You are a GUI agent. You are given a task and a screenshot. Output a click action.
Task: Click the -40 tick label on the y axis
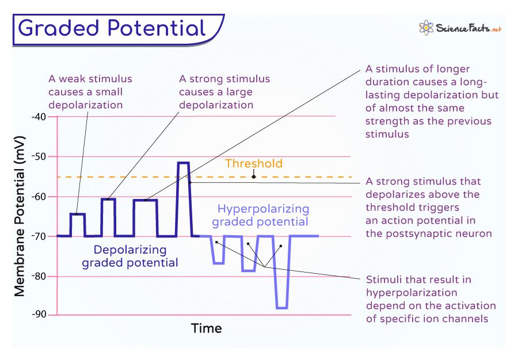pyautogui.click(x=39, y=117)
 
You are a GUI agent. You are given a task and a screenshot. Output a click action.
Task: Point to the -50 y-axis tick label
pyautogui.click(x=39, y=157)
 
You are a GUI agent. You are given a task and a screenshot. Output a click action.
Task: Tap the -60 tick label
pyautogui.click(x=39, y=197)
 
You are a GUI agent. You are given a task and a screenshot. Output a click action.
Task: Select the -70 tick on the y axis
pyautogui.click(x=39, y=236)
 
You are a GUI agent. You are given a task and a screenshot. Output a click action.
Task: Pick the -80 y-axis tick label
pyautogui.click(x=39, y=276)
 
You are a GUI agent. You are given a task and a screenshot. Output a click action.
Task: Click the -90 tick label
pyautogui.click(x=39, y=315)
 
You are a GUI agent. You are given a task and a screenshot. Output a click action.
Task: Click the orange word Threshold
pyautogui.click(x=254, y=164)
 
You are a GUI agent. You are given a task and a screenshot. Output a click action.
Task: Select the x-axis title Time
pyautogui.click(x=207, y=328)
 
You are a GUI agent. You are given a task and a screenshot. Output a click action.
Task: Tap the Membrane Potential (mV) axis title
pyautogui.click(x=20, y=216)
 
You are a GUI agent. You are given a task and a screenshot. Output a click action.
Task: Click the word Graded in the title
pyautogui.click(x=58, y=28)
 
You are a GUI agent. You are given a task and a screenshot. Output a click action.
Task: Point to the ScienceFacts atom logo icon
pyautogui.click(x=426, y=28)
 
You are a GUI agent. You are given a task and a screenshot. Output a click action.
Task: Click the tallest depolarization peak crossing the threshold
pyautogui.click(x=184, y=163)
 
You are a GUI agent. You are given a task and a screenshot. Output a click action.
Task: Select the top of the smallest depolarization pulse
pyautogui.click(x=78, y=214)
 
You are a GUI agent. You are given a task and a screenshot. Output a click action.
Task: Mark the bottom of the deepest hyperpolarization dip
pyautogui.click(x=282, y=308)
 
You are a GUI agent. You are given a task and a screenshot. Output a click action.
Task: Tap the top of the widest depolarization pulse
pyautogui.click(x=146, y=200)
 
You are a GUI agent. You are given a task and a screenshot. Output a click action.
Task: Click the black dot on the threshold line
pyautogui.click(x=254, y=177)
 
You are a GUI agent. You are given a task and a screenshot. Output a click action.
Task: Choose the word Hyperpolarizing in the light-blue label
pyautogui.click(x=263, y=209)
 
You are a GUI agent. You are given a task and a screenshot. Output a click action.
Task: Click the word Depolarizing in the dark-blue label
pyautogui.click(x=130, y=250)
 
